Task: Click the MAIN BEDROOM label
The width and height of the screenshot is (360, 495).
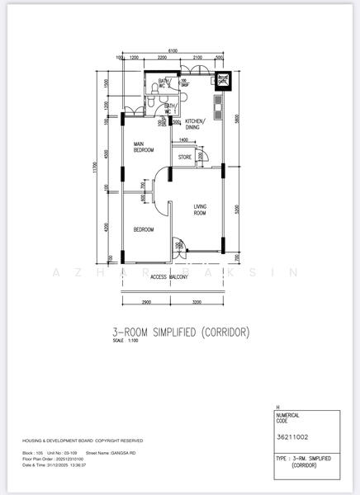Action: (x=145, y=148)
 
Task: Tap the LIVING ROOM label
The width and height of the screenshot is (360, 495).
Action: (x=201, y=210)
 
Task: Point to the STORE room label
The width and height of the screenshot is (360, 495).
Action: (x=185, y=156)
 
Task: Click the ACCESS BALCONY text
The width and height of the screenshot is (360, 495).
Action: (x=169, y=276)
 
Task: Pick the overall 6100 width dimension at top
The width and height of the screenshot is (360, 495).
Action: (x=172, y=51)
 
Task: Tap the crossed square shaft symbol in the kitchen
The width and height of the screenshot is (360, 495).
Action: (x=223, y=80)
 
